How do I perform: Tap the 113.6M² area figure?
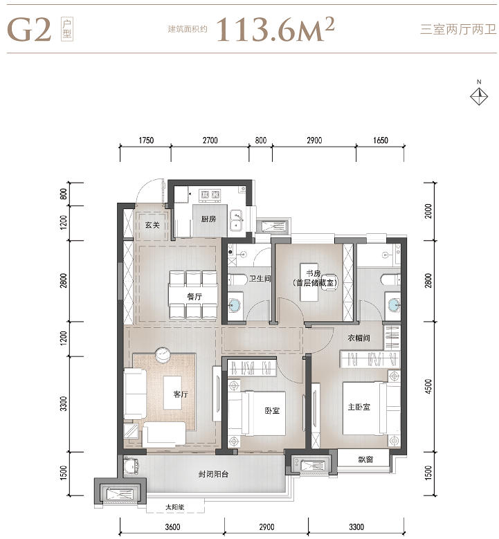coord(275,30)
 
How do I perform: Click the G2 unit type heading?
coord(29,30)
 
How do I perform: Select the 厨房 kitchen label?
coord(208,219)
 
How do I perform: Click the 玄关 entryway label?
coord(152,225)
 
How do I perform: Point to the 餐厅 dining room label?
coord(194,296)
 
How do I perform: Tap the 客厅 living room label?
coord(181,394)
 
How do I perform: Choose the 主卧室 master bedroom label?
coord(359,407)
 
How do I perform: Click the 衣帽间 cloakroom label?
coord(359,338)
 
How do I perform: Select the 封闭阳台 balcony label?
coord(213,475)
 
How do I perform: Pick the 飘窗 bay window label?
coord(365,459)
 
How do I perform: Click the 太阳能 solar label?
coord(174,507)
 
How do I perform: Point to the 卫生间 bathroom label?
coord(260,278)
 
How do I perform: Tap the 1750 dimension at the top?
coord(146,140)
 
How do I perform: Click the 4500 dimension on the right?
coord(428,386)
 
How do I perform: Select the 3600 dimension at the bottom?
coord(172,527)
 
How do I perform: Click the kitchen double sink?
coord(236,220)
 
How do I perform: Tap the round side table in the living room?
coord(163,354)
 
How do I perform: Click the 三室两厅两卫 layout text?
coord(458,30)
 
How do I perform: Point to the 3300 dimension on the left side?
coord(63,403)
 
